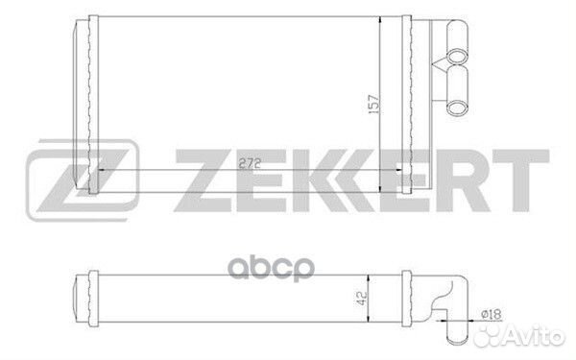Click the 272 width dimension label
pos(250,163)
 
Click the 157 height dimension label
pos(373,104)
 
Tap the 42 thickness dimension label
pos(362,298)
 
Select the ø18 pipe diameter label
pos(492,314)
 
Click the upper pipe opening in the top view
pos(457,57)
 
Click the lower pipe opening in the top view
pos(457,108)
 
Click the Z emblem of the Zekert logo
pos(83,180)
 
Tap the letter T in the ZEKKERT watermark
pos(521,180)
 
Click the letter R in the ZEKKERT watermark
pos(463,180)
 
